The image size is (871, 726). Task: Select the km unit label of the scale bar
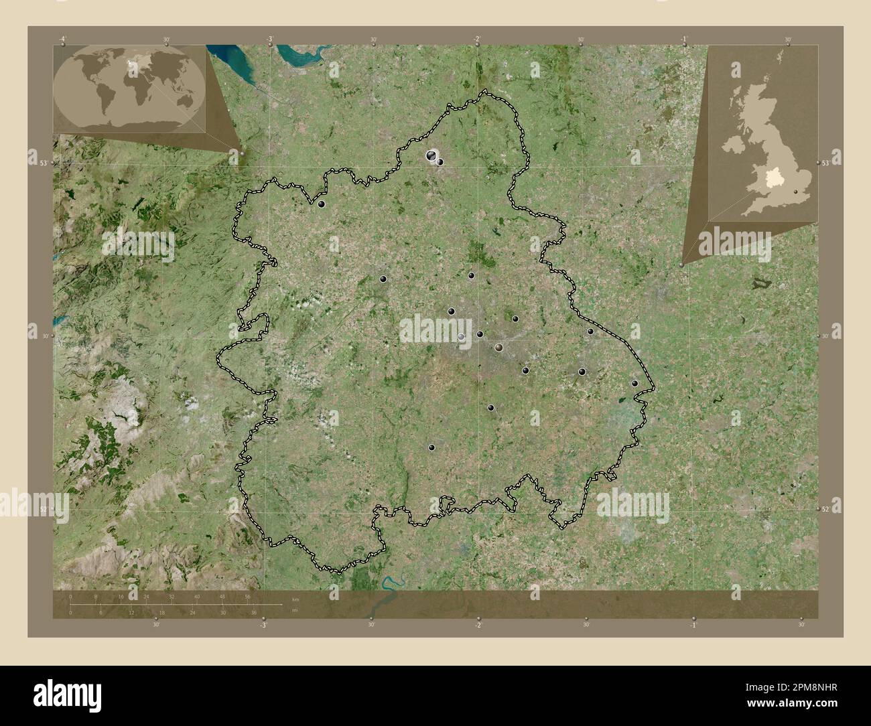click(295, 597)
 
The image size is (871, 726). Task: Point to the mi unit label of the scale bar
click(295, 611)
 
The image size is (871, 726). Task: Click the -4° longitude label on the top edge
click(62, 39)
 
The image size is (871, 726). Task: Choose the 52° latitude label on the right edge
click(827, 509)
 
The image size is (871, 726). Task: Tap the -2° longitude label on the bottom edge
click(477, 625)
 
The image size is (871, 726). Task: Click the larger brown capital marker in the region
click(498, 347)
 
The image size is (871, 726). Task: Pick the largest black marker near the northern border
click(431, 155)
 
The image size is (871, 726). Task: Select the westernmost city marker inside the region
click(322, 204)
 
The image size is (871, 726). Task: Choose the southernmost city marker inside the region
click(431, 447)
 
